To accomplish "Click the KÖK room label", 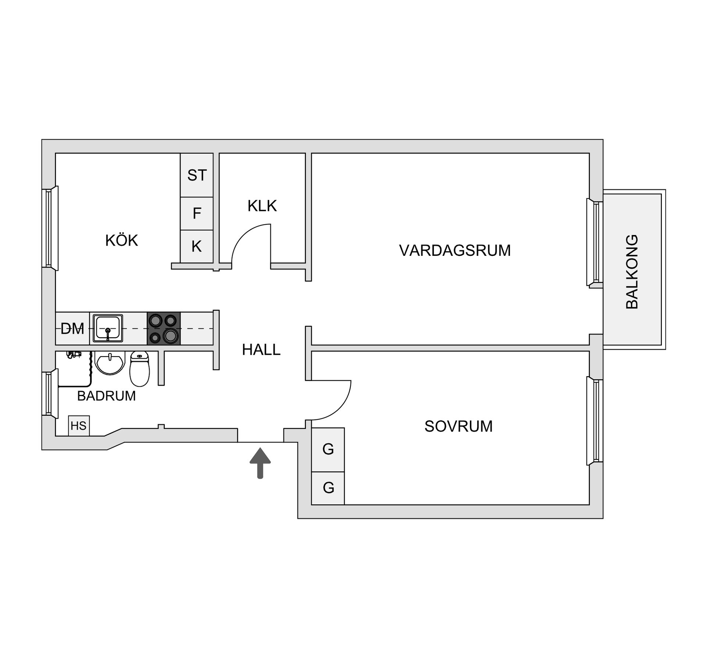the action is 121,240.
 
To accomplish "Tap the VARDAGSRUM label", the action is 455,250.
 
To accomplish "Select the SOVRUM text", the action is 458,426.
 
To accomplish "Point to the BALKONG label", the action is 632,272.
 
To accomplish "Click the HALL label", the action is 261,350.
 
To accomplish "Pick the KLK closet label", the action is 262,206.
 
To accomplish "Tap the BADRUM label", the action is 106,396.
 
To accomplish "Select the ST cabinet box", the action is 197,175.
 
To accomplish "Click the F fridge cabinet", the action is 197,214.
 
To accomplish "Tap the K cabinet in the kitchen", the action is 197,246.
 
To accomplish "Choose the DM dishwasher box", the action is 72,329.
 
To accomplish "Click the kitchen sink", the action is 108,328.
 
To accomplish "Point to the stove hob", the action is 164,328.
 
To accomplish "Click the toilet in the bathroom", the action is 140,368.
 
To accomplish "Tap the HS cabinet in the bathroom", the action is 79,426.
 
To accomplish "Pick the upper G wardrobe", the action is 328,449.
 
